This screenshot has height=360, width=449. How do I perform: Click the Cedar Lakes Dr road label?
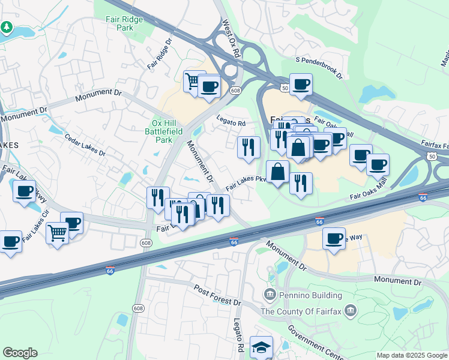[x=85, y=148]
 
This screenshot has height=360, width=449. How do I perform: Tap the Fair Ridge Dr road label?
[x=160, y=53]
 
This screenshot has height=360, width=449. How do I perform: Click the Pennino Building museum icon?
[x=270, y=294]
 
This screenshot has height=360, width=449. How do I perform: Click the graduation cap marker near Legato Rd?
[x=261, y=346]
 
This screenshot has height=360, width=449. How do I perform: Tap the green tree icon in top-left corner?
[x=7, y=27]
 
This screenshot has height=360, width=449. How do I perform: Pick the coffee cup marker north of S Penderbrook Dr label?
[x=301, y=83]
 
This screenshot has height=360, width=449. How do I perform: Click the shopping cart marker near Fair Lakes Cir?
[x=57, y=232]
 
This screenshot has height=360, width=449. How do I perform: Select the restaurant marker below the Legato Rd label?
[x=248, y=146]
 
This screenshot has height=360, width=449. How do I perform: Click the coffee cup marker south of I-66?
[x=334, y=238]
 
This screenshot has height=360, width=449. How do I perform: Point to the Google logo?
[x=20, y=353]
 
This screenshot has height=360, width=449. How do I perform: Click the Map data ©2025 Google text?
[x=411, y=355]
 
